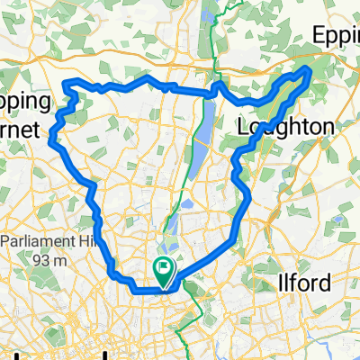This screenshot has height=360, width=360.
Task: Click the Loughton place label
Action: coord(285,129)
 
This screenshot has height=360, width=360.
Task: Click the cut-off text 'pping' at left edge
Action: coord(21,109)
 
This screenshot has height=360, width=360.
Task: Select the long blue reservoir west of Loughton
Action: coord(201,126)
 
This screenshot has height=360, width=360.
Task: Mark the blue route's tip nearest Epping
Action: coord(309,68)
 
